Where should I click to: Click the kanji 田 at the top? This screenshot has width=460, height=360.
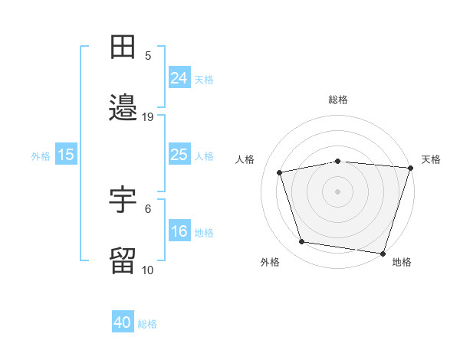123,47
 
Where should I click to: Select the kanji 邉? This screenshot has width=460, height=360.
123,107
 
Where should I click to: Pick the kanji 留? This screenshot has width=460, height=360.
123,260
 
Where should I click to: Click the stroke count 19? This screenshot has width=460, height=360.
147,117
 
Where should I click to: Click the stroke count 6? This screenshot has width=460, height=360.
148,209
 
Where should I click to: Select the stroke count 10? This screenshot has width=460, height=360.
147,270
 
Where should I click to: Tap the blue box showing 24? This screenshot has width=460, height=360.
179,77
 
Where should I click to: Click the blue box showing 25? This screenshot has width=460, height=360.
179,154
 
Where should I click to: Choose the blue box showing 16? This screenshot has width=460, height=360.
179,230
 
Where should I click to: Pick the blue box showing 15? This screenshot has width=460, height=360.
66,154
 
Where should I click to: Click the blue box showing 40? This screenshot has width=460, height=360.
123,321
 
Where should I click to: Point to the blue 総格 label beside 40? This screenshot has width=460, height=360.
147,324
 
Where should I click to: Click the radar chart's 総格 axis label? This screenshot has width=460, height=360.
338,100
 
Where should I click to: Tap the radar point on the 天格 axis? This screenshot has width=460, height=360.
411,168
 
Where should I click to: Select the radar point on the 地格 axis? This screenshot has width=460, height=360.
383,254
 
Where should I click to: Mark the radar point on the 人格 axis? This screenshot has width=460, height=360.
280,172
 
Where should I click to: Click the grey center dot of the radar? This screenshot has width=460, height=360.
337,191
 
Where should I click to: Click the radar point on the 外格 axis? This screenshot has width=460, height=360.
302,241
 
